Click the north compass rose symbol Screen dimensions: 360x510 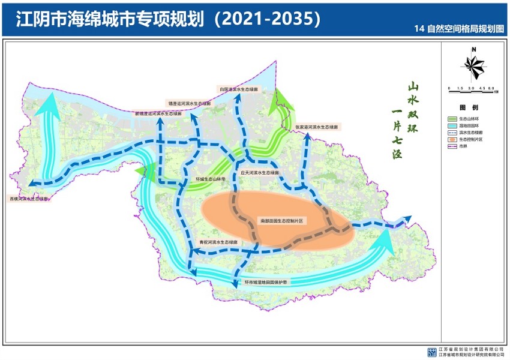click(x=473, y=65)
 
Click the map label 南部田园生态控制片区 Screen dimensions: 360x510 click(x=283, y=221)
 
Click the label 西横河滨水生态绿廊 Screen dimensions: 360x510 click(x=29, y=197)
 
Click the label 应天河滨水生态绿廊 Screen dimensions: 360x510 click(x=260, y=172)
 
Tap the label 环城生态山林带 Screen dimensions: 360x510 click(x=210, y=179)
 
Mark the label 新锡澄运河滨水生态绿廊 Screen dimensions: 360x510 click(x=157, y=113)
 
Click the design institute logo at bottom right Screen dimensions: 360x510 click(x=432, y=352)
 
